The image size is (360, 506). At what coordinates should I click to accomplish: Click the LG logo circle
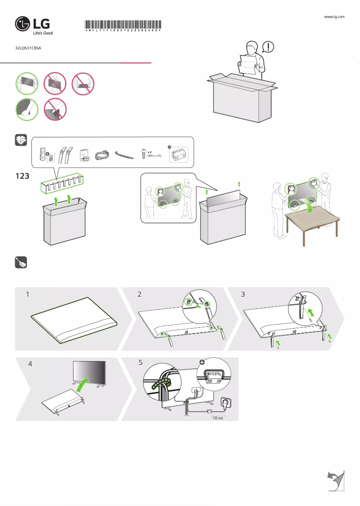point(23,24)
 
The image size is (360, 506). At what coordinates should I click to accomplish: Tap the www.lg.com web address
point(334,17)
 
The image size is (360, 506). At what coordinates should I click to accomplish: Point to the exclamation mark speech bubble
point(268,46)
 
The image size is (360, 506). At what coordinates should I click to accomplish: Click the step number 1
point(27,295)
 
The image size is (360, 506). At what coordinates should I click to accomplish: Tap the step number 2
point(139,295)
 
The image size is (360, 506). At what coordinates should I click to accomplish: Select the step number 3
point(243,295)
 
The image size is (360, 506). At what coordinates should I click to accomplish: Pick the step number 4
point(30,365)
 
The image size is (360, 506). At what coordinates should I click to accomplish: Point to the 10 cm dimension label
point(218,418)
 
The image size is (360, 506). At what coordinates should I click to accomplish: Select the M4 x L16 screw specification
point(154,155)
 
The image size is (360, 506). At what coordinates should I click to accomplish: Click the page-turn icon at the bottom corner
point(335,481)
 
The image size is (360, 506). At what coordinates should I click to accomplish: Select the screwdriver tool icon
point(21,263)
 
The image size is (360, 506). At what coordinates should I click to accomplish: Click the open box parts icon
point(21,140)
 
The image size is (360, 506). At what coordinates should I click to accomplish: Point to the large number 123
point(22,176)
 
